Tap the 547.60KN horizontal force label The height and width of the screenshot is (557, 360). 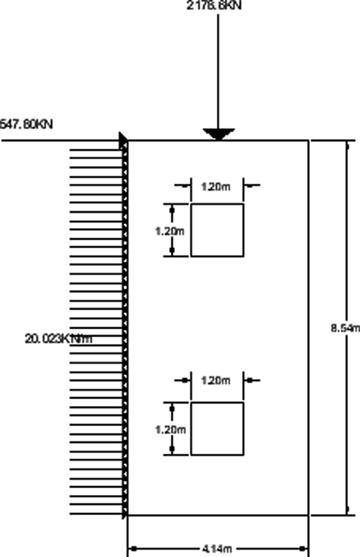pyautogui.click(x=26, y=125)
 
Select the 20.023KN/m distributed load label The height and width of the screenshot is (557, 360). pyautogui.click(x=58, y=338)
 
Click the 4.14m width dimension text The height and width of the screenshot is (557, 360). pyautogui.click(x=217, y=549)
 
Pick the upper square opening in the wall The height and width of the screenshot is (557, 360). pyautogui.click(x=217, y=230)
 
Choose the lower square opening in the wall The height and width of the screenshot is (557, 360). pyautogui.click(x=217, y=428)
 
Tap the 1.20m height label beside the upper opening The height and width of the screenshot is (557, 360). pyautogui.click(x=169, y=231)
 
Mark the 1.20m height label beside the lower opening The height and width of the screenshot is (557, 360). pyautogui.click(x=169, y=429)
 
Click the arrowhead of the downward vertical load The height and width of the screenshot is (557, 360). pyautogui.click(x=219, y=134)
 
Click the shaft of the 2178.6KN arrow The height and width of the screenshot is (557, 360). pyautogui.click(x=219, y=68)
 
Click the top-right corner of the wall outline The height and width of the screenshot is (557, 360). pyautogui.click(x=308, y=140)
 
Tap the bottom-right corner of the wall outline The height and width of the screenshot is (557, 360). pyautogui.click(x=308, y=515)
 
